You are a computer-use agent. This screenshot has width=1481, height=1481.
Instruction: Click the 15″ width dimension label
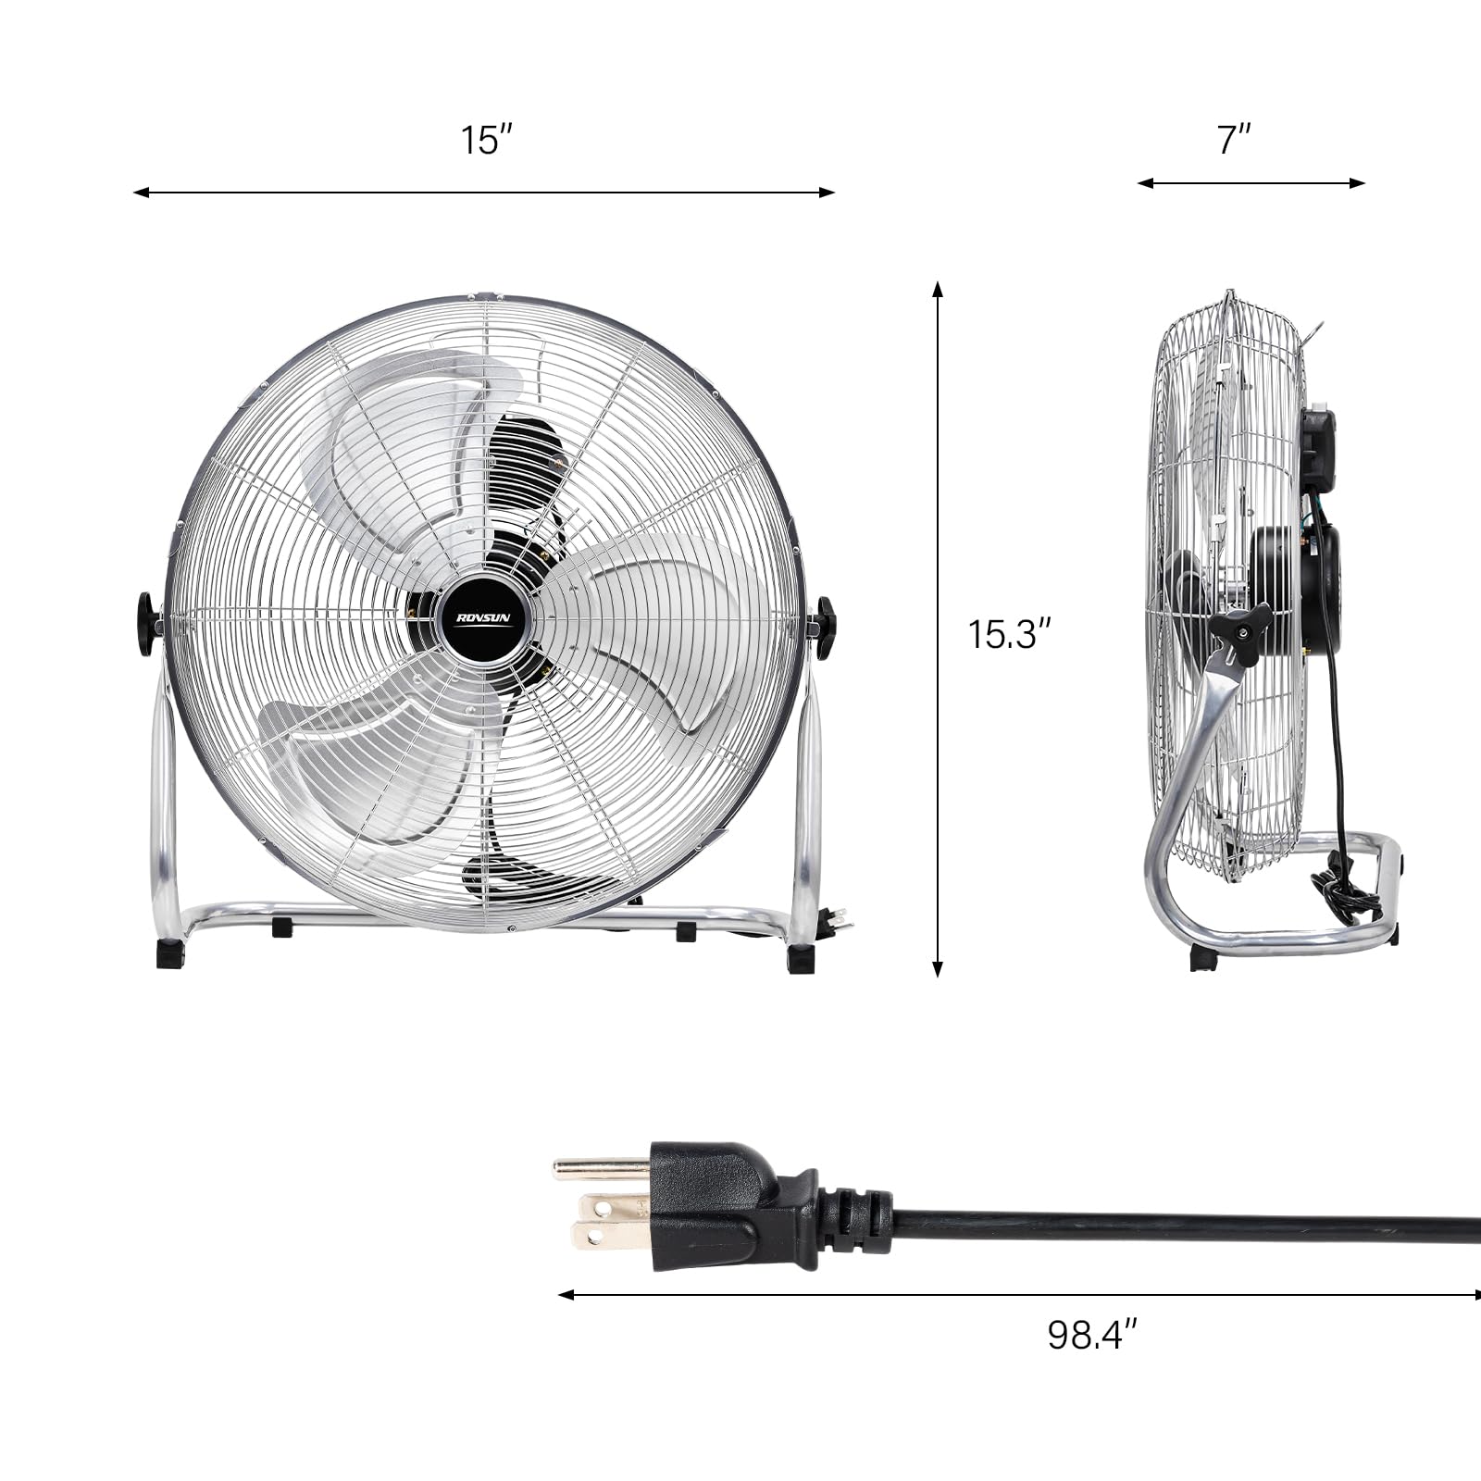(x=486, y=141)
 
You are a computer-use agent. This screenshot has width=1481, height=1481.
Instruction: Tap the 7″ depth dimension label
(x=1234, y=141)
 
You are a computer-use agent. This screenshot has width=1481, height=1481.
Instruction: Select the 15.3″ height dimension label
(x=1010, y=635)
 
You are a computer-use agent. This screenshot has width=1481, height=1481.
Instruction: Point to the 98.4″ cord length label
(x=1091, y=1335)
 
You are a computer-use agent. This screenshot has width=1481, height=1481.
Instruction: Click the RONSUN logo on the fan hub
(x=483, y=617)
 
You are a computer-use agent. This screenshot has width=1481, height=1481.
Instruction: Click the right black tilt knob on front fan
(x=822, y=627)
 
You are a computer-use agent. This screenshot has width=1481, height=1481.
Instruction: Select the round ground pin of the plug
(x=600, y=1168)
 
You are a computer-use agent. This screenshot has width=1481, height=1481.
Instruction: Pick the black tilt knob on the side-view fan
(x=1239, y=632)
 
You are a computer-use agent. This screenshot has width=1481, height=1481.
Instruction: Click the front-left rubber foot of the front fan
(x=170, y=954)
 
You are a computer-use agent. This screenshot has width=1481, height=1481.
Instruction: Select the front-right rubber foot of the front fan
(x=801, y=958)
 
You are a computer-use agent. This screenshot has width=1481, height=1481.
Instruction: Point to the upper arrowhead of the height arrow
(x=938, y=289)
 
